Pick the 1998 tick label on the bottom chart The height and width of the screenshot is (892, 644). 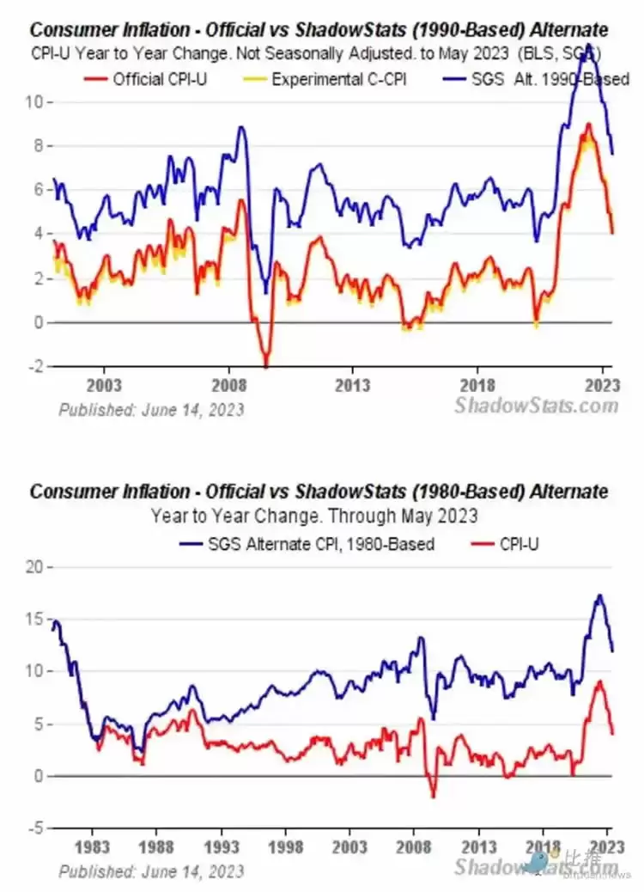[286, 846]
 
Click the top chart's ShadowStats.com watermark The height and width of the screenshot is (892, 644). [536, 405]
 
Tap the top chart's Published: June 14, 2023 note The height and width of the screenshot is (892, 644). [151, 409]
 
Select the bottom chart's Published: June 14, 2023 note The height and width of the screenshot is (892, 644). [151, 871]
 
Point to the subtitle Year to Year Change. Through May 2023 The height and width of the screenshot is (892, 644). [314, 516]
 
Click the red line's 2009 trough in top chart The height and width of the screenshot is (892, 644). [266, 364]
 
